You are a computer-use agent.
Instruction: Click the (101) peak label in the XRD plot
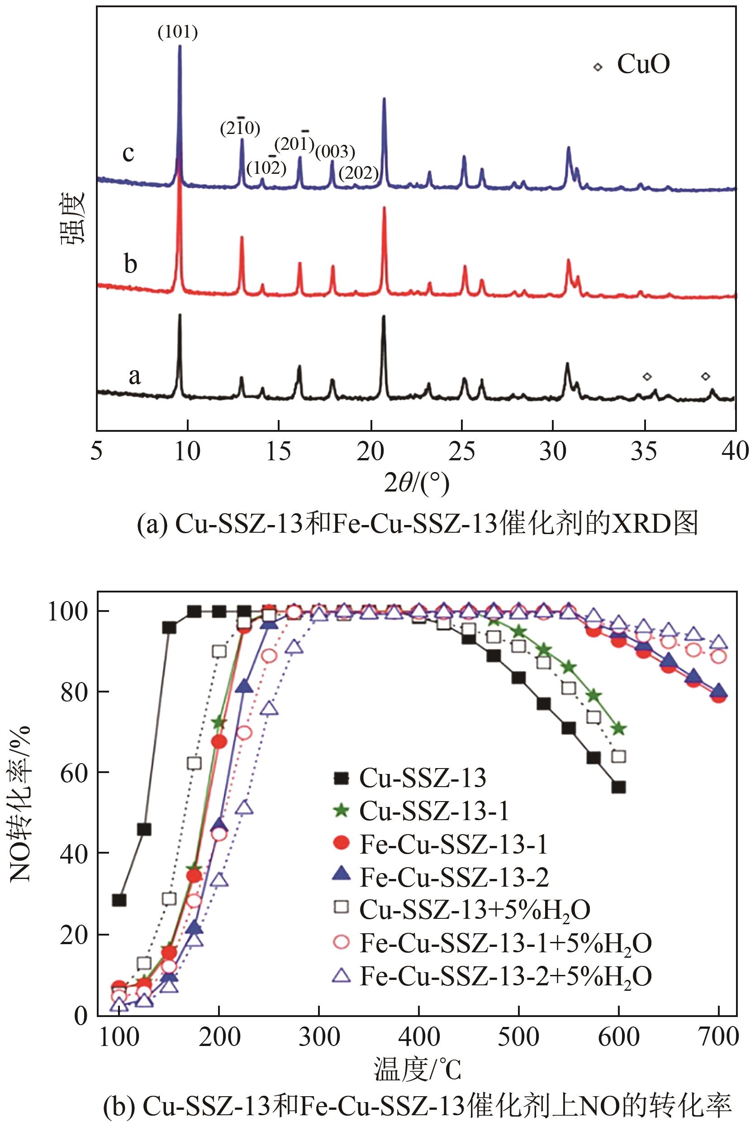coord(178,32)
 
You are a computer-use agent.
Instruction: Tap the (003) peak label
coord(335,152)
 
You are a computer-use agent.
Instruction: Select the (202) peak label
coord(358,173)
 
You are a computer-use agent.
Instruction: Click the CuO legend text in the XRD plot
coord(643,64)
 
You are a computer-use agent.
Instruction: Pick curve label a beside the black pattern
coord(134,376)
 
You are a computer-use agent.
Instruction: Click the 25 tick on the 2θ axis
coord(461,452)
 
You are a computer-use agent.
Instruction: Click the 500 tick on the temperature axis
coord(518,1036)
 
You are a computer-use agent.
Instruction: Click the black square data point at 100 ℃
coord(119,900)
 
